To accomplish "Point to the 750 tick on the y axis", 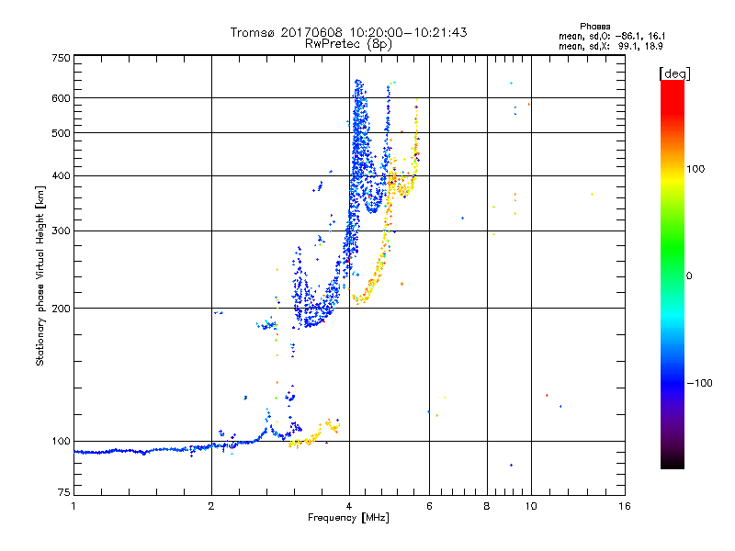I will click(62, 57).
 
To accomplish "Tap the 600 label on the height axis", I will click(62, 97).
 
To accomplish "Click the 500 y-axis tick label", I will click(62, 132).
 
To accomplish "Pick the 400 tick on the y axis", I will click(62, 175).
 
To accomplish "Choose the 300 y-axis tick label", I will click(62, 231).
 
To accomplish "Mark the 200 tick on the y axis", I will click(62, 308).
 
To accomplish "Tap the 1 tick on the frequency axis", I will click(73, 506).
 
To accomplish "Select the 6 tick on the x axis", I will click(429, 506).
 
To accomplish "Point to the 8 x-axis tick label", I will click(487, 506).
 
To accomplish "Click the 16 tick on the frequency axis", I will click(624, 506).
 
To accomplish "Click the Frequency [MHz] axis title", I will click(348, 518).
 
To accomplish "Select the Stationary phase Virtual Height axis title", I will click(40, 277).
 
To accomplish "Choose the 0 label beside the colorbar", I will click(689, 275).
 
